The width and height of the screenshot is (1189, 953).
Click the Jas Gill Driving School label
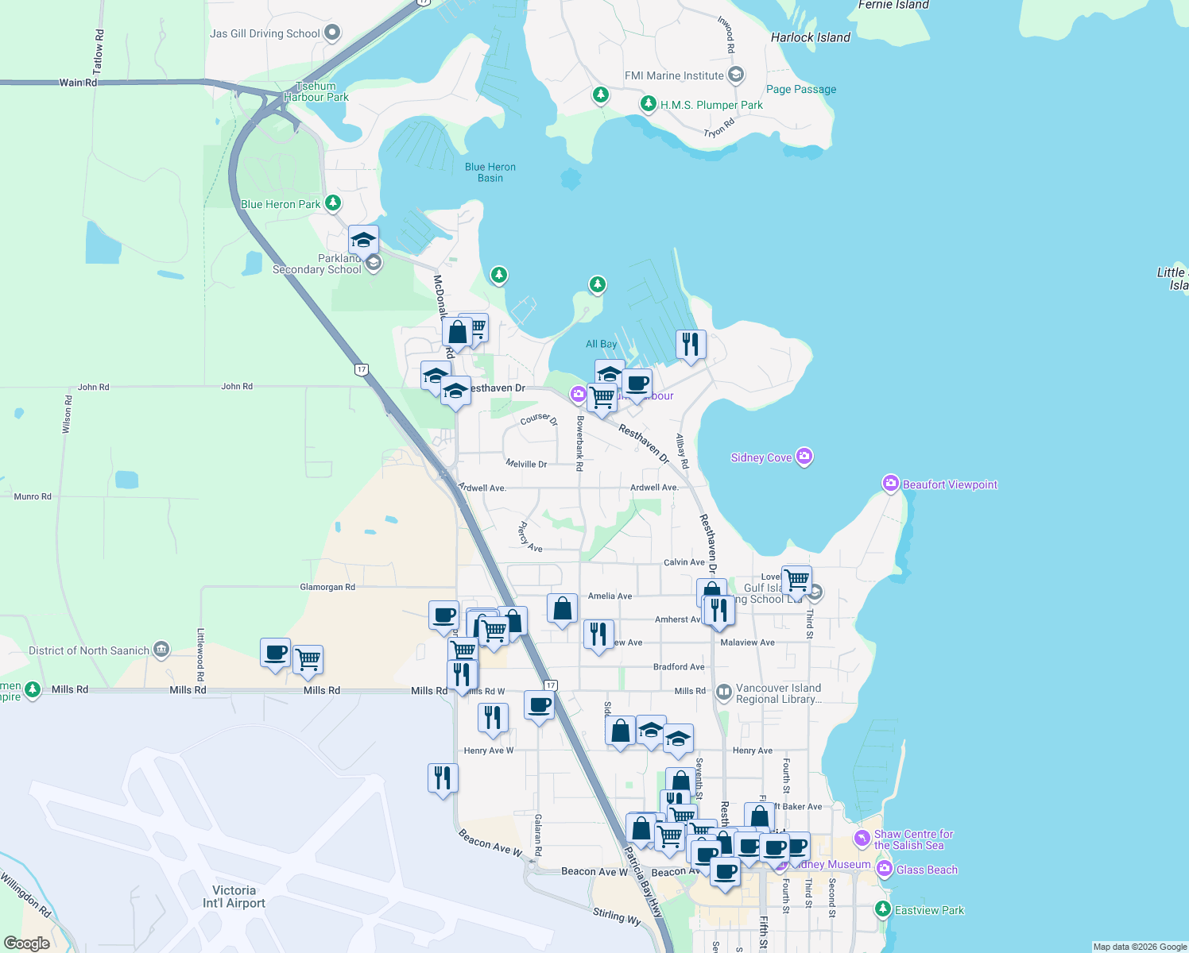click(265, 33)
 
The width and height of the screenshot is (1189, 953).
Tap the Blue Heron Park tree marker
click(333, 203)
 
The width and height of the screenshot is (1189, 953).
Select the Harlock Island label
click(810, 37)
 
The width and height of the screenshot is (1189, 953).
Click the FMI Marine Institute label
click(674, 75)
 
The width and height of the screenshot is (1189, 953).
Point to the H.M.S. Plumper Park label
click(711, 105)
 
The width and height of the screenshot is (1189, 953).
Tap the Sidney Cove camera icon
click(804, 457)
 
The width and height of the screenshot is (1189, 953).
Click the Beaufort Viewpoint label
click(950, 484)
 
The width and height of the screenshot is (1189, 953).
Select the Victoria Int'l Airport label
click(234, 897)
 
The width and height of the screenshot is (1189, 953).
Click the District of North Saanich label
click(89, 650)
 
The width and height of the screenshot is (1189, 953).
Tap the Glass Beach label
click(927, 870)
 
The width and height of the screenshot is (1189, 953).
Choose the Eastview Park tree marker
click(882, 909)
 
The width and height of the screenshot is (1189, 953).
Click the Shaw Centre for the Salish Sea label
click(913, 839)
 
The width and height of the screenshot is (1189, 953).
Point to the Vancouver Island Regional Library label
click(778, 693)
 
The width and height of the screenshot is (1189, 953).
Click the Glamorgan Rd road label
click(327, 587)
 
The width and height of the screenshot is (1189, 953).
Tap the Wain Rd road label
click(78, 82)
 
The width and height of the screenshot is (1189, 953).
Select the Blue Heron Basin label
click(490, 172)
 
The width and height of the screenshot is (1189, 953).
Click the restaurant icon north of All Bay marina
click(691, 345)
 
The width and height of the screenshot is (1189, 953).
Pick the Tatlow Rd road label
click(99, 54)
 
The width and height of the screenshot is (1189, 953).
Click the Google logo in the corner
click(27, 943)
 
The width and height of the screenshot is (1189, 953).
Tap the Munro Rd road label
click(33, 496)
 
